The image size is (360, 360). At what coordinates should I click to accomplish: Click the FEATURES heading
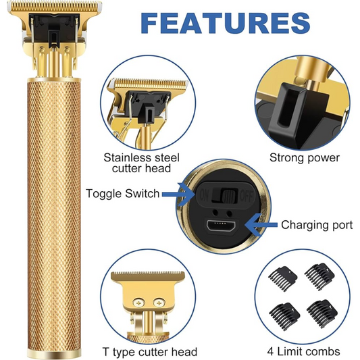pyautogui.click(x=226, y=23)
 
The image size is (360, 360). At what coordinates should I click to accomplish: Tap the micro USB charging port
pyautogui.click(x=221, y=226)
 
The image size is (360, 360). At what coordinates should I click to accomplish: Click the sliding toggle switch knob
pyautogui.click(x=229, y=196)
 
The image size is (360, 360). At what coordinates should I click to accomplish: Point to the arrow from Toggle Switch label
pyautogui.click(x=178, y=195)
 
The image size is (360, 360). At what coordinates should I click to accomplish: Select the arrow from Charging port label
pyautogui.click(x=261, y=225)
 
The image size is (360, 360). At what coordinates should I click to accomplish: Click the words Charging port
pyautogui.click(x=317, y=225)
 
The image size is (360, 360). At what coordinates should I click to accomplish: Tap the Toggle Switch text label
pyautogui.click(x=123, y=193)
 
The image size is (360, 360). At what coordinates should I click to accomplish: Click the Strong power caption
pyautogui.click(x=304, y=158)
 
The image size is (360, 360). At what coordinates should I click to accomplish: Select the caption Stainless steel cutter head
pyautogui.click(x=141, y=163)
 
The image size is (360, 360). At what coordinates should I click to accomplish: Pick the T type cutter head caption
pyautogui.click(x=149, y=352)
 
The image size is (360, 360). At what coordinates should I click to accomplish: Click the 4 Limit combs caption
pyautogui.click(x=303, y=351)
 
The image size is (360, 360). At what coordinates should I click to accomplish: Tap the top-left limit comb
pyautogui.click(x=283, y=278)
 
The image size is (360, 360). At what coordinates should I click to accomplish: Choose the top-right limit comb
pyautogui.click(x=320, y=276)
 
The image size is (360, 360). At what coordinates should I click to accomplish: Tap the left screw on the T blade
pyautogui.click(x=138, y=303)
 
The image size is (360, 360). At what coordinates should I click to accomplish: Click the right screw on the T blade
pyautogui.click(x=159, y=303)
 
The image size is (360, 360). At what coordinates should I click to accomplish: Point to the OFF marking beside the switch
pyautogui.click(x=247, y=196)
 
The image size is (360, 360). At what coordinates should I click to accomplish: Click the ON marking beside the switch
pyautogui.click(x=205, y=195)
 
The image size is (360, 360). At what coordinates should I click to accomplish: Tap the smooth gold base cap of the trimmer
pyautogui.click(x=54, y=353)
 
